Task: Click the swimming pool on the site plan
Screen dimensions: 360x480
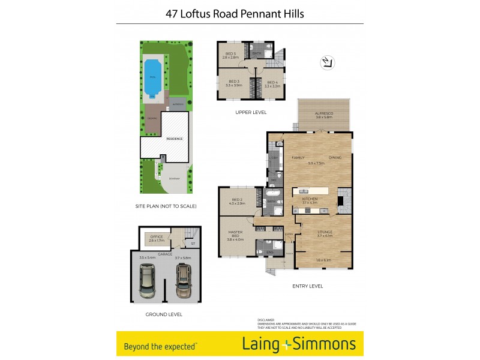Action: [x=151, y=75]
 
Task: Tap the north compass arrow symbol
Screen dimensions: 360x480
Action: [x=327, y=63]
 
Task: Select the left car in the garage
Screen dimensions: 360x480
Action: [x=148, y=281]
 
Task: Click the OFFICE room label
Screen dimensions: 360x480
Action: [x=157, y=237]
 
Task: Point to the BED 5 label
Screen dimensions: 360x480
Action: [x=231, y=54]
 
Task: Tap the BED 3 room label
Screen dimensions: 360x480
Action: [x=233, y=82]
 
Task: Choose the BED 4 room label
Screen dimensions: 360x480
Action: [x=272, y=82]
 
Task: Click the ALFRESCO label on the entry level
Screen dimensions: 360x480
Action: [x=325, y=113]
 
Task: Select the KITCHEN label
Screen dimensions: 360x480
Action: [x=310, y=199]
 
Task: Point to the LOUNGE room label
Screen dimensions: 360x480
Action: [x=325, y=232]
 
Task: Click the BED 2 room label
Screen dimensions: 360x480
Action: [x=236, y=200]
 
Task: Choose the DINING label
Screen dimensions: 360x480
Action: [x=335, y=157]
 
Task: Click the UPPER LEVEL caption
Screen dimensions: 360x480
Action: [x=251, y=112]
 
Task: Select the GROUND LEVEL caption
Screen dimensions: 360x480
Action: [x=164, y=314]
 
